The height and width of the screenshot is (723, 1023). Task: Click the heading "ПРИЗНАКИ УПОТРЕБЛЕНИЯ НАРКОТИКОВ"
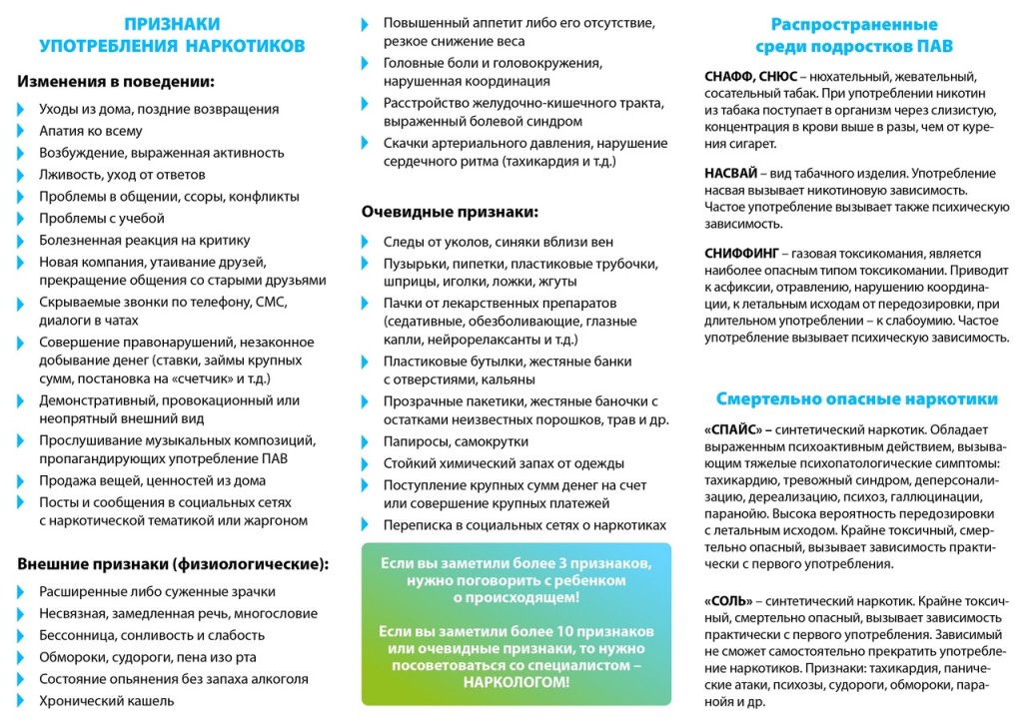click(x=172, y=35)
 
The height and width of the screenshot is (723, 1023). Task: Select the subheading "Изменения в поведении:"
click(x=116, y=82)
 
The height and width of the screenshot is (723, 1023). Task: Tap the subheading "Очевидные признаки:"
click(x=450, y=212)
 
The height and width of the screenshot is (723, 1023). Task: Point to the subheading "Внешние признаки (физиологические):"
click(x=173, y=563)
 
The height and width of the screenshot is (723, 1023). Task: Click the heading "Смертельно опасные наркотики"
click(x=856, y=399)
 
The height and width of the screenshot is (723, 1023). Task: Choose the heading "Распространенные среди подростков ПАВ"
click(x=854, y=35)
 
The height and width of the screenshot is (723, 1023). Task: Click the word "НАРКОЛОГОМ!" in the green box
click(x=515, y=683)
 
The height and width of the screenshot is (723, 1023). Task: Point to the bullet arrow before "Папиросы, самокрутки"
click(x=368, y=441)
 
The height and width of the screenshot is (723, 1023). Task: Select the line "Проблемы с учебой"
click(x=102, y=218)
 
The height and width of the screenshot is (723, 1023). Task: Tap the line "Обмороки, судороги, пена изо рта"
click(x=148, y=657)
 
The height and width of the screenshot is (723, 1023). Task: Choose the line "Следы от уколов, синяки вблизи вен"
click(x=499, y=242)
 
